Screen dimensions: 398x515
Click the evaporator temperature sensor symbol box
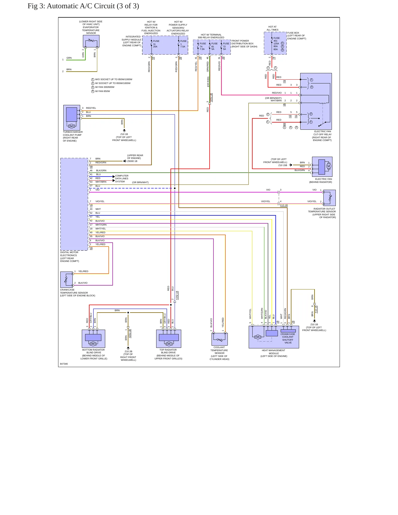[91, 41]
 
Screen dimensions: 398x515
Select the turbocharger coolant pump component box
[72, 118]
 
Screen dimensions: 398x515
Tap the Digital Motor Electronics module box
[74, 204]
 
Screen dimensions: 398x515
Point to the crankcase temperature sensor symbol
[66, 280]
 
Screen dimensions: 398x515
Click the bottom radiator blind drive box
[93, 338]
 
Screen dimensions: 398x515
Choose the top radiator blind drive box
[169, 338]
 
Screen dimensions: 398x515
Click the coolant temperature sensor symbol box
[220, 339]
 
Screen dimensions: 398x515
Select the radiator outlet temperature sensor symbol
[329, 198]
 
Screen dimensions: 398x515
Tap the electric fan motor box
[322, 167]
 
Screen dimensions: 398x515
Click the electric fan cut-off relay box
[316, 101]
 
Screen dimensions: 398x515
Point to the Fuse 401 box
[275, 43]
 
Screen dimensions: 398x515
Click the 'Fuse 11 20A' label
[156, 44]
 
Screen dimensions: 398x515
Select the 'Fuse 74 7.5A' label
[202, 46]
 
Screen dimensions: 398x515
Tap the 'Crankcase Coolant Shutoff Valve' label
[288, 338]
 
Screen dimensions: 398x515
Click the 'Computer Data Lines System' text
[122, 179]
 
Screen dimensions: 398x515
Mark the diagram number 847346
[64, 364]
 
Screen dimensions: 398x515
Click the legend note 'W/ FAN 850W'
[102, 91]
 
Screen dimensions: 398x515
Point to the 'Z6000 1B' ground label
[132, 161]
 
